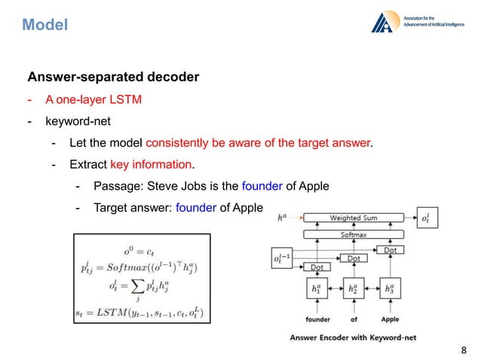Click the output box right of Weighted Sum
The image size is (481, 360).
(426, 219)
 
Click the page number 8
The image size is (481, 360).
(463, 349)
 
